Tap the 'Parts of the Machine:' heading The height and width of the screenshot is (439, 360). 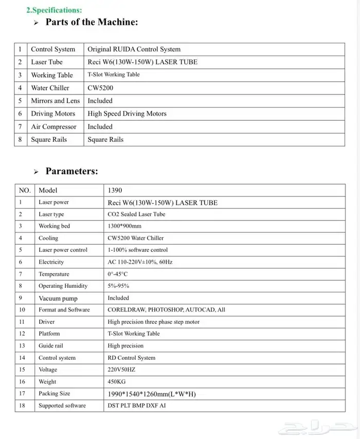click(x=92, y=22)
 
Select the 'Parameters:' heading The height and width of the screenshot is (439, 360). click(x=71, y=171)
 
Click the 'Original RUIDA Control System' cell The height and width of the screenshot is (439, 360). click(x=134, y=49)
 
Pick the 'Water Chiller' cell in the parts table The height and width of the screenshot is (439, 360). click(x=50, y=88)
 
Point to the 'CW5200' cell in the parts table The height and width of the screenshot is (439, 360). click(x=100, y=88)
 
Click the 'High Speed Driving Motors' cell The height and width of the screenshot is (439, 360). click(x=127, y=114)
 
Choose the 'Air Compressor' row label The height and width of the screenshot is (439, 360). click(x=53, y=126)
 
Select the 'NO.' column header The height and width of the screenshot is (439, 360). click(x=25, y=190)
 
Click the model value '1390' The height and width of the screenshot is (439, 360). click(x=115, y=190)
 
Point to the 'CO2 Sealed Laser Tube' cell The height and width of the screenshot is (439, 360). click(x=136, y=214)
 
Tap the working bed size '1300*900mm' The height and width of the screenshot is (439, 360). click(x=124, y=226)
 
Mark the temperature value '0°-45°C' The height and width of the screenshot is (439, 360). click(x=117, y=274)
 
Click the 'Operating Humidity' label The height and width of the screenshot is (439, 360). click(x=63, y=286)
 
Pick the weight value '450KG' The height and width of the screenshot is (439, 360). click(x=117, y=382)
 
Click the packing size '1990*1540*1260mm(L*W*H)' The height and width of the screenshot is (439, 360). click(x=152, y=394)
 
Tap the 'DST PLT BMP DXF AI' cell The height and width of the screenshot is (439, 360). click(x=136, y=406)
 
